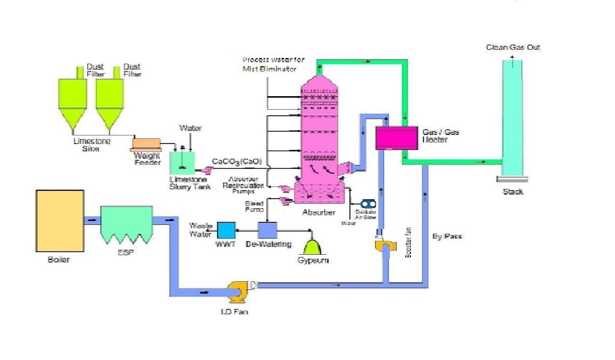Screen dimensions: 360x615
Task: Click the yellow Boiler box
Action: tap(59, 223)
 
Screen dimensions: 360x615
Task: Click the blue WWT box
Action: tap(226, 230)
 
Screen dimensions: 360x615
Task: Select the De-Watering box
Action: tap(268, 229)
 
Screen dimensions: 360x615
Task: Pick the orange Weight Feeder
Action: tap(144, 144)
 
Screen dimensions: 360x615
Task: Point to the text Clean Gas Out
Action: tap(513, 48)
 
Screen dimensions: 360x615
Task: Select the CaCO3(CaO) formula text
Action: tap(237, 162)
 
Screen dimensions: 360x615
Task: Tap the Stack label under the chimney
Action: tap(513, 192)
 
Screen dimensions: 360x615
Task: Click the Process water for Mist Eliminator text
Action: tap(269, 64)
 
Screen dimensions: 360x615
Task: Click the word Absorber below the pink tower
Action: tap(319, 213)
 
